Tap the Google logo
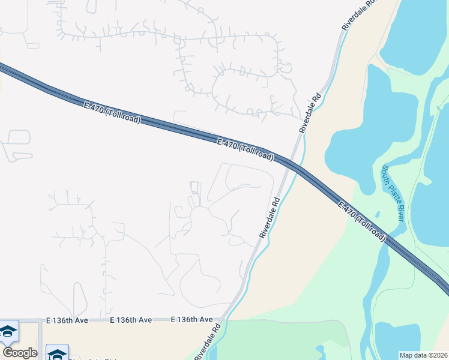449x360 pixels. pyautogui.click(x=20, y=353)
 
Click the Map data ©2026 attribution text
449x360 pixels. pyautogui.click(x=423, y=355)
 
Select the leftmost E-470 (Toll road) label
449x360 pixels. pyautogui.click(x=112, y=113)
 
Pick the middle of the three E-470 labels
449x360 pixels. pyautogui.click(x=245, y=150)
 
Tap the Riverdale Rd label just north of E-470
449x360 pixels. pyautogui.click(x=311, y=113)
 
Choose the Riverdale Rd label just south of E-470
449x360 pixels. pyautogui.click(x=270, y=218)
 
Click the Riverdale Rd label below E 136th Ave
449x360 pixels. pyautogui.click(x=208, y=342)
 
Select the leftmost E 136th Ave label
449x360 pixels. pyautogui.click(x=67, y=320)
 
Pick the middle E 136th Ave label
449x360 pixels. pyautogui.click(x=131, y=320)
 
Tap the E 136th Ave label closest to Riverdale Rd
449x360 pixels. pyautogui.click(x=192, y=320)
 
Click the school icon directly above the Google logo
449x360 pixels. pyautogui.click(x=8, y=331)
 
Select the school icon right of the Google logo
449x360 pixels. pyautogui.click(x=58, y=354)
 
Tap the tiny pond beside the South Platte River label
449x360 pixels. pyautogui.click(x=378, y=214)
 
